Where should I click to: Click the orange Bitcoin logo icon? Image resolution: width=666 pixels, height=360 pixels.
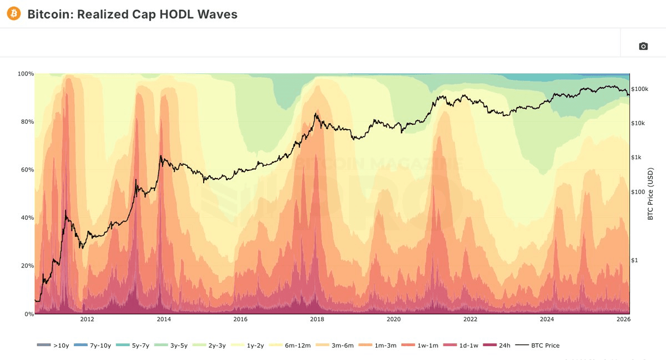[x=14, y=14]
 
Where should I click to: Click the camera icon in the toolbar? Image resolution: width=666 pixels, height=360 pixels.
[x=643, y=46]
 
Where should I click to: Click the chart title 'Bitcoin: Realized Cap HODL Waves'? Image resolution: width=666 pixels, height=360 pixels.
[x=132, y=14]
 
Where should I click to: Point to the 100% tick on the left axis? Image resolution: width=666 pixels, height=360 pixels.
[x=26, y=74]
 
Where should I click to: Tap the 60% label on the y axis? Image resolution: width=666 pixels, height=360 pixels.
[x=27, y=170]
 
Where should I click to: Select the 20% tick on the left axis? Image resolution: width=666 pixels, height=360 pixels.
[x=27, y=266]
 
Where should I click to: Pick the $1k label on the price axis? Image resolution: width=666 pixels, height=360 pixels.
[x=637, y=157]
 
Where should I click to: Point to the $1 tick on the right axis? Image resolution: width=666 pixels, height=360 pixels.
[x=635, y=260]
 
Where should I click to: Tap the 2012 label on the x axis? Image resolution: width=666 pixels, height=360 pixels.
[x=87, y=320]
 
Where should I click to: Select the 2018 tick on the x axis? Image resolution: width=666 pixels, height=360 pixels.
[x=317, y=320]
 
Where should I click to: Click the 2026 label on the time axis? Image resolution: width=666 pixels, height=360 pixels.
[x=623, y=320]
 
